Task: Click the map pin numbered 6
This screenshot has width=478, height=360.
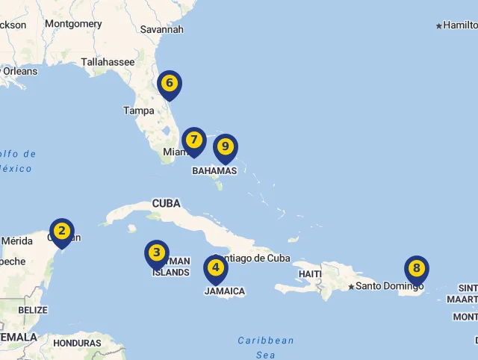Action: click(x=170, y=84)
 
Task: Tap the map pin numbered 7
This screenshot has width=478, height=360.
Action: click(x=193, y=140)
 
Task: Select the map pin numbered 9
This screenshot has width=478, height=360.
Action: click(x=225, y=147)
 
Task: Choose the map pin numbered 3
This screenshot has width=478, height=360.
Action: click(x=157, y=253)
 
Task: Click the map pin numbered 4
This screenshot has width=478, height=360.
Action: click(x=216, y=268)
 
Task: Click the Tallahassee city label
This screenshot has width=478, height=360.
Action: click(x=108, y=62)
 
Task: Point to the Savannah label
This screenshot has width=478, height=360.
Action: click(x=161, y=30)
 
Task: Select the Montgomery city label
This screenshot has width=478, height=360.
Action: click(x=73, y=24)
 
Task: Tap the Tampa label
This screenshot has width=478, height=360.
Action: click(x=138, y=111)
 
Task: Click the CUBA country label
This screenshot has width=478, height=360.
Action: click(x=167, y=203)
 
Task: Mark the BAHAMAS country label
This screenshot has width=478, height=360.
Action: click(x=214, y=171)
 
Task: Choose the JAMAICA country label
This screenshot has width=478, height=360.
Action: click(x=225, y=291)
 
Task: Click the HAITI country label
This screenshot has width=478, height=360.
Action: click(x=310, y=274)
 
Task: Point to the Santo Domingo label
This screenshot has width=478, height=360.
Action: click(x=389, y=286)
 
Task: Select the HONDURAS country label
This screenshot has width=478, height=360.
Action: click(x=78, y=344)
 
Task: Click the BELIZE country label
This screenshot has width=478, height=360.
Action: click(x=33, y=310)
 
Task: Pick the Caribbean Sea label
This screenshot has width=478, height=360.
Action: click(x=266, y=347)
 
